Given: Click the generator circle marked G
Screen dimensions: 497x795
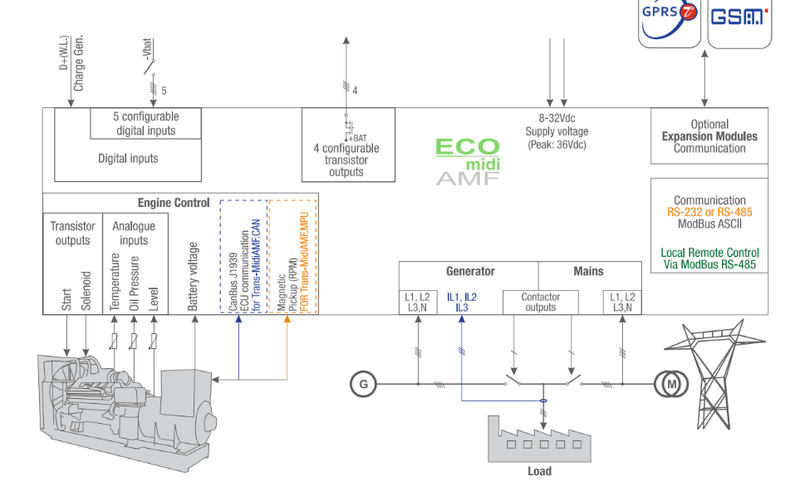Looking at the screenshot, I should coord(362,384).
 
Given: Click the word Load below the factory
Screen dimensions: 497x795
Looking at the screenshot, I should coord(539,471).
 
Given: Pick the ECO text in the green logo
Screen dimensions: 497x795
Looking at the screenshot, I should coord(468,148).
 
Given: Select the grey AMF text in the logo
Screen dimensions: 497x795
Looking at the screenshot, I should coord(468,178).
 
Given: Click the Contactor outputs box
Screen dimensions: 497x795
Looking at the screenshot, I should coord(540,302).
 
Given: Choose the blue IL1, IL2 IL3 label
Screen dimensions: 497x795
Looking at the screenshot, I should coord(462,302).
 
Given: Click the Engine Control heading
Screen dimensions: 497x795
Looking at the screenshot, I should coord(174,203).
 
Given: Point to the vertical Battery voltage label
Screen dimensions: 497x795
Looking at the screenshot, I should coord(194,277).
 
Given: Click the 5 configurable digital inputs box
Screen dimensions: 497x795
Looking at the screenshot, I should coord(145,124).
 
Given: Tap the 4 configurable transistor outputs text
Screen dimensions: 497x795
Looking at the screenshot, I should coord(346,160).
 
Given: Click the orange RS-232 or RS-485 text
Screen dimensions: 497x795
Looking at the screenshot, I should coord(709,212).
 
